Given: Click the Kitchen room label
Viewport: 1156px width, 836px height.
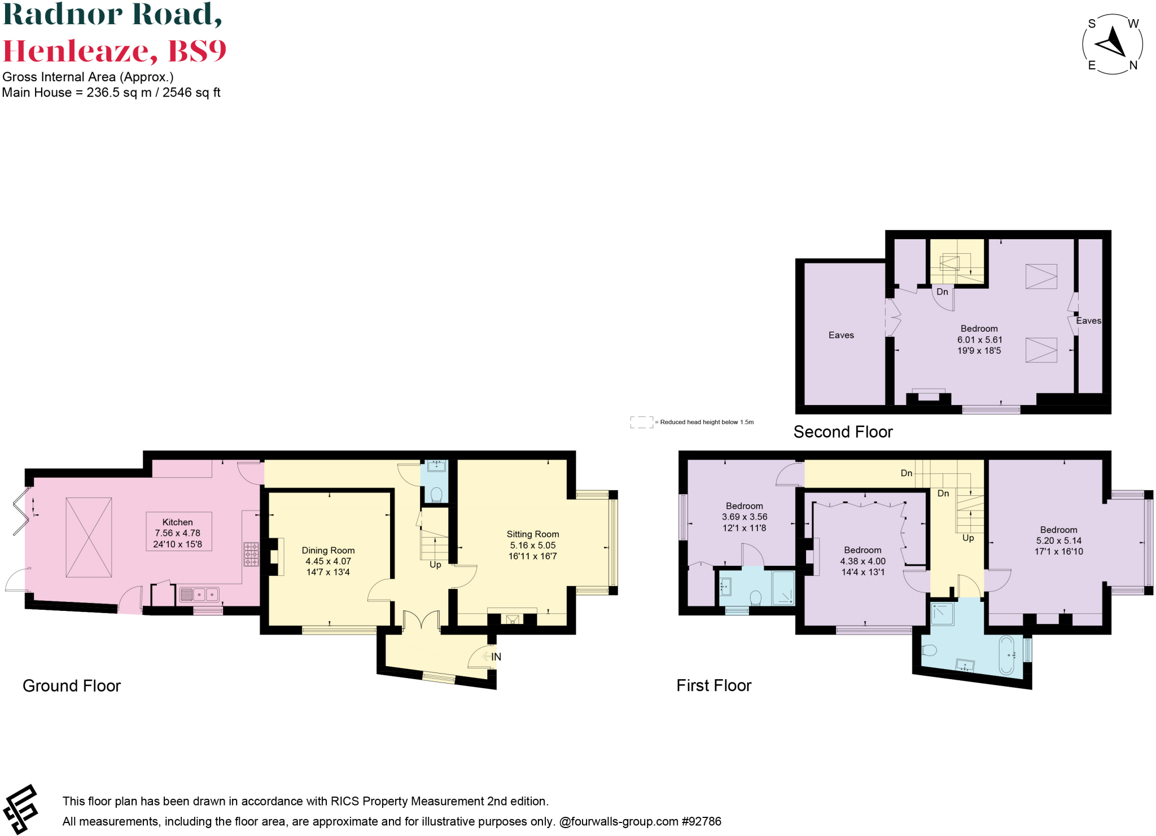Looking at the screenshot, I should point(177,522).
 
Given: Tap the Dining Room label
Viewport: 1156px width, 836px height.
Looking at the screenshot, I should point(328,551).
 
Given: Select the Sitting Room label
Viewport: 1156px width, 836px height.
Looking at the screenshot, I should point(532,534).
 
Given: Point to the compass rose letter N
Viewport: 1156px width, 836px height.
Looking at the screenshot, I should point(1133,65).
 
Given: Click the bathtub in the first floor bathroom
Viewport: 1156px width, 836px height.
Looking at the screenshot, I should point(1006,655).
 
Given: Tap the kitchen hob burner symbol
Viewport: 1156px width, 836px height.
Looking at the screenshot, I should point(251,555).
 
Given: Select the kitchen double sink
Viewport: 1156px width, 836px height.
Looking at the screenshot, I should point(199,595).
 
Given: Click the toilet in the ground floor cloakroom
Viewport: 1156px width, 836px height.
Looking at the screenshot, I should point(436,495).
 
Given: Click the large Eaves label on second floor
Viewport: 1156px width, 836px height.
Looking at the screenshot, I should point(841,335).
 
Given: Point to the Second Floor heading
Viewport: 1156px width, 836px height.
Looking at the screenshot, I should point(843,432).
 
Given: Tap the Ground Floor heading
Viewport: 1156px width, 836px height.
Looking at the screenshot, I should point(72,686).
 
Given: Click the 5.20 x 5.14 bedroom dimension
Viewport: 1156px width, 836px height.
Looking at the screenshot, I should point(1058,540).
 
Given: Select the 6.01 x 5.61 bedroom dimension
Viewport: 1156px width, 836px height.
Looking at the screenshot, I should point(979,340).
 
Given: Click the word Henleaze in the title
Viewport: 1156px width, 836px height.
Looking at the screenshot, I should point(79,51).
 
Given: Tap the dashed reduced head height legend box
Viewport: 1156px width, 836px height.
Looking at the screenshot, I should point(641,422).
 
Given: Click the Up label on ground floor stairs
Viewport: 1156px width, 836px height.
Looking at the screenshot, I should point(435,565).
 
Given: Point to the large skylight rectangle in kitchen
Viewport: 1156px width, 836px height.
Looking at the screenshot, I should point(89,537).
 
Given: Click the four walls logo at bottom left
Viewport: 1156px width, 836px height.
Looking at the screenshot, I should point(21,809).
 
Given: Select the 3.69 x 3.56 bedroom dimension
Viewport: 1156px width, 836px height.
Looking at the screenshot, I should point(744,517).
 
